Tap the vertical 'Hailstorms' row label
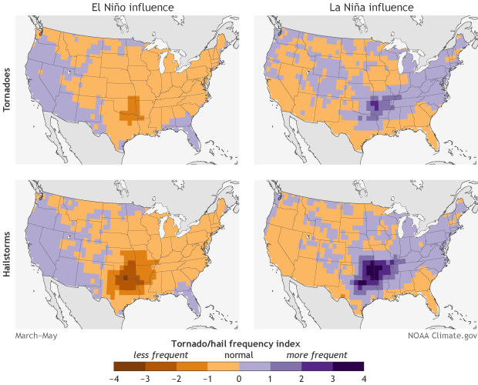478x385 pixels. click(x=7, y=255)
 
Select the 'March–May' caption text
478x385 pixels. click(x=36, y=336)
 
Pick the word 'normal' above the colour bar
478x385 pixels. click(x=238, y=355)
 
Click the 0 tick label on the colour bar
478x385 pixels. click(x=239, y=378)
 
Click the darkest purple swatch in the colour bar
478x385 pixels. click(x=348, y=366)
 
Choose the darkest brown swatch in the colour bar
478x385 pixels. click(x=129, y=366)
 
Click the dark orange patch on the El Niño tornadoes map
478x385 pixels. click(x=133, y=109)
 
